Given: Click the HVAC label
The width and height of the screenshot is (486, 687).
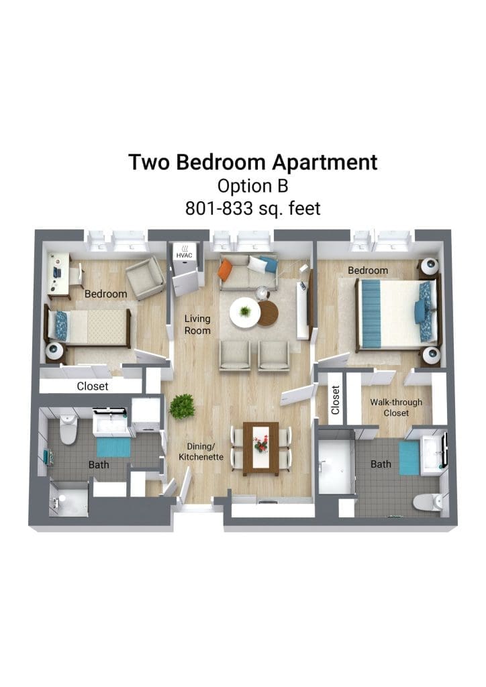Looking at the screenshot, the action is point(184,256).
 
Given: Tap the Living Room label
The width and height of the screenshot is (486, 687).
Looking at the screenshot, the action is point(197,325).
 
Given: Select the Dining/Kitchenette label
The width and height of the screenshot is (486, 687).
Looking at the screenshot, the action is point(201,452).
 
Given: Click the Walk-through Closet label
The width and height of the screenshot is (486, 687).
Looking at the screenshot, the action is point(396,407).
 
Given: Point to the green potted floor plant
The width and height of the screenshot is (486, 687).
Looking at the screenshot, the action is point(182,406).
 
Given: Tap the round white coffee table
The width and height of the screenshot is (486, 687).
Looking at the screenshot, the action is point(245,312).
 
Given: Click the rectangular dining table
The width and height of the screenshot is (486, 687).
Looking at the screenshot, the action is point(260,449).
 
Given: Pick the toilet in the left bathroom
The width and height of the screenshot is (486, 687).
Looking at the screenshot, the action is point(68,429).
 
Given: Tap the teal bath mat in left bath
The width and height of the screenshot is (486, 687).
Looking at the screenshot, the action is point(113,447).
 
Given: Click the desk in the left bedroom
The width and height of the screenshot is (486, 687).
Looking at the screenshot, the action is point(58,276).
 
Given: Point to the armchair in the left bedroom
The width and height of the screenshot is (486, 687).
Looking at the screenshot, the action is point(145,278).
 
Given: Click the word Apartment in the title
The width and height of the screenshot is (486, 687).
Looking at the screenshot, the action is point(324,163).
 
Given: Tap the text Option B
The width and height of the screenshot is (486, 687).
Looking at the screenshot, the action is point(253,186).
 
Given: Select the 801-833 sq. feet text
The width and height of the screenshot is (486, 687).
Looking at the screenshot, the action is point(253,209).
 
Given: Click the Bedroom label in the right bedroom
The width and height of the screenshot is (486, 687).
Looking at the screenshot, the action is point(368,270).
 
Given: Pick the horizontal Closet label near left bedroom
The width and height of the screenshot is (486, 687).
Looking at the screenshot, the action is point(93,386).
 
